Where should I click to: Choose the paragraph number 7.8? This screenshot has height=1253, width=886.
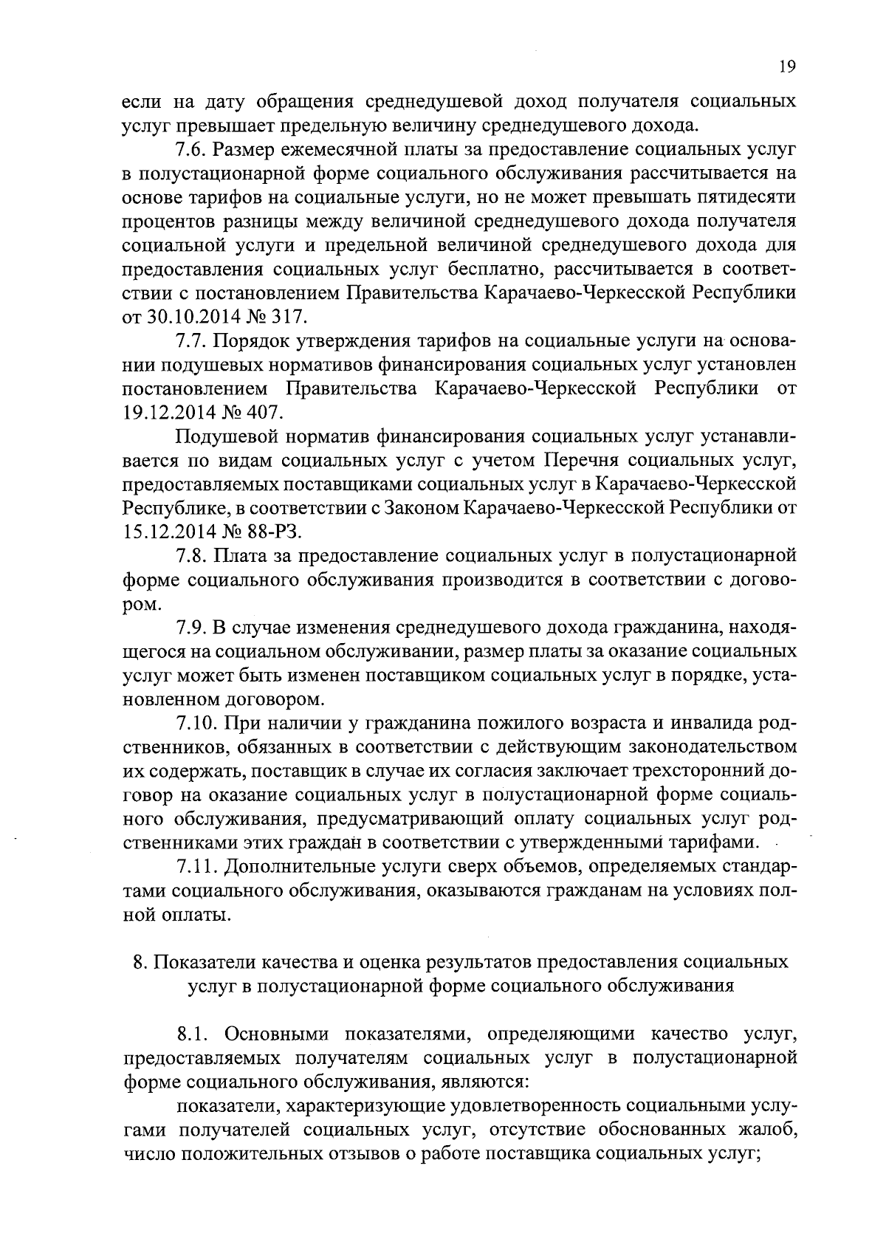[191, 555]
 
